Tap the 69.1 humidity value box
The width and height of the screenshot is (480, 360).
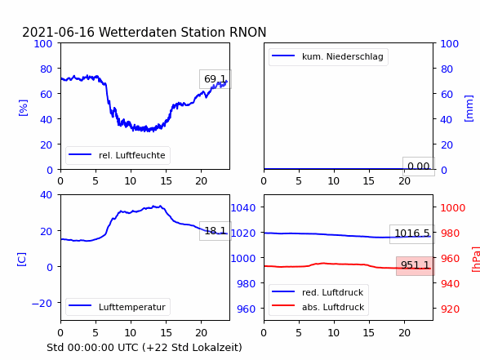pyautogui.click(x=216, y=79)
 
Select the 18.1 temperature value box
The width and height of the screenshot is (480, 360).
pyautogui.click(x=216, y=231)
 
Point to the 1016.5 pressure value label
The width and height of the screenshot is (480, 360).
pyautogui.click(x=412, y=233)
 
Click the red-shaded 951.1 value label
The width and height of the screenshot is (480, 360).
pyautogui.click(x=415, y=265)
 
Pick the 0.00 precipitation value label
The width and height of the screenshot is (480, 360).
pyautogui.click(x=419, y=167)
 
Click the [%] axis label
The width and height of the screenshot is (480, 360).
pyautogui.click(x=23, y=108)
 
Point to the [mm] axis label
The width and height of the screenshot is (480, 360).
pyautogui.click(x=469, y=109)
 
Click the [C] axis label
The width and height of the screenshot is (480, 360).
pyautogui.click(x=21, y=260)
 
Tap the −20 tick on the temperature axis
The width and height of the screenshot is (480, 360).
pyautogui.click(x=42, y=304)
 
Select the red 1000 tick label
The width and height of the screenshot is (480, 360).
pyautogui.click(x=453, y=208)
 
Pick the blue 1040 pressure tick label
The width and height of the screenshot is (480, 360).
pyautogui.click(x=243, y=208)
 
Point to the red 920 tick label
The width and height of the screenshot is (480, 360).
pyautogui.click(x=450, y=309)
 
